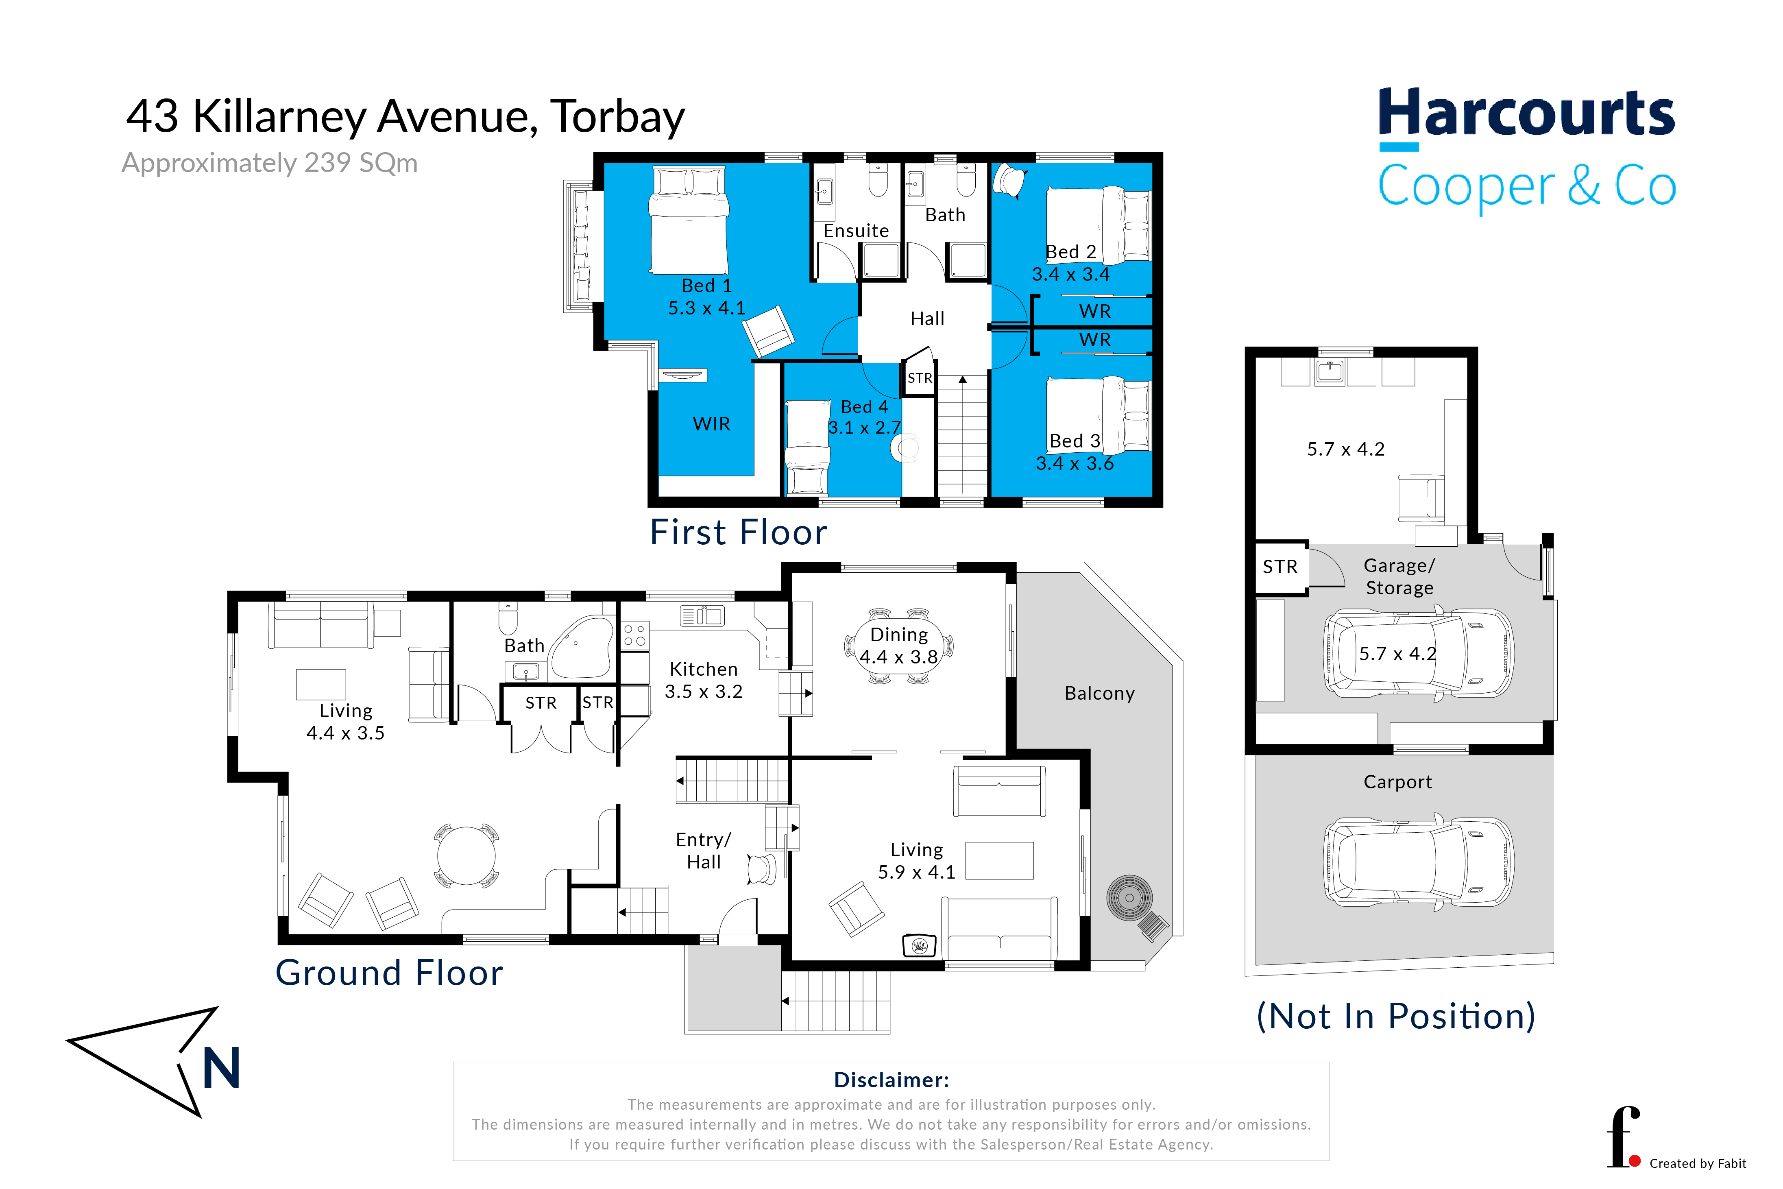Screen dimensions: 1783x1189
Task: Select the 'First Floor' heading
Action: click(738, 532)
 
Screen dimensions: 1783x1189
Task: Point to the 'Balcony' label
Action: click(1099, 693)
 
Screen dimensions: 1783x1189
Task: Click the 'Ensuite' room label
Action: click(856, 231)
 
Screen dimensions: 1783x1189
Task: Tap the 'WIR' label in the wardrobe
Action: click(711, 424)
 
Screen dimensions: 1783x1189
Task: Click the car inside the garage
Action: click(1418, 653)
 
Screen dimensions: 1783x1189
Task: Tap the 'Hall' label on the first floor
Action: click(927, 319)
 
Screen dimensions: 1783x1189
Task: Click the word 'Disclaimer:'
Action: click(891, 1080)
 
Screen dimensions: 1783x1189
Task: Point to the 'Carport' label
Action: click(1397, 782)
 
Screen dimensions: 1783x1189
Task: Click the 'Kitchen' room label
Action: click(704, 669)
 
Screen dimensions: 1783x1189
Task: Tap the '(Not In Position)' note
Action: click(1396, 1016)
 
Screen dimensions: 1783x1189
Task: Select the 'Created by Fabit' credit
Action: click(1697, 1163)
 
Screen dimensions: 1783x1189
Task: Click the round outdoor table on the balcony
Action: click(1129, 898)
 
